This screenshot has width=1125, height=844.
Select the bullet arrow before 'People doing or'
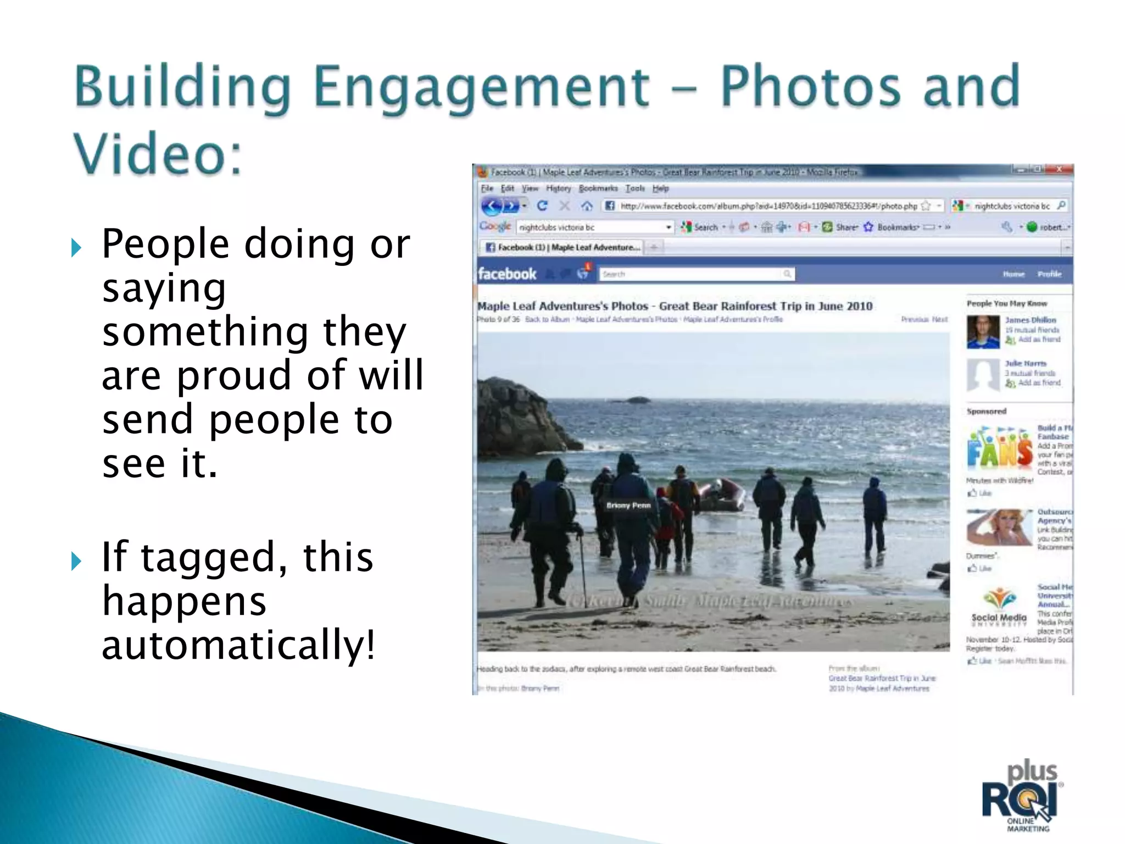[76, 248]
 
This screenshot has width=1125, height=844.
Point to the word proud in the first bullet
[233, 375]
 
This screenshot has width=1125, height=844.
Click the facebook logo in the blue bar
[506, 274]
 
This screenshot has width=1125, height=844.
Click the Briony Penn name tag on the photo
[628, 506]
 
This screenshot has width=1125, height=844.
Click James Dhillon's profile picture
[983, 331]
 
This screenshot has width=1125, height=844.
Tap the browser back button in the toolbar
[493, 206]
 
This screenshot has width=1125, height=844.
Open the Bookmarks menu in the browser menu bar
[598, 188]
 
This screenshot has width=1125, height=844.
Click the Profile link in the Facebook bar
[1049, 274]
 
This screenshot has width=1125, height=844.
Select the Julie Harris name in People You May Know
[1025, 363]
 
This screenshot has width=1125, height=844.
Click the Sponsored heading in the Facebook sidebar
[987, 411]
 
